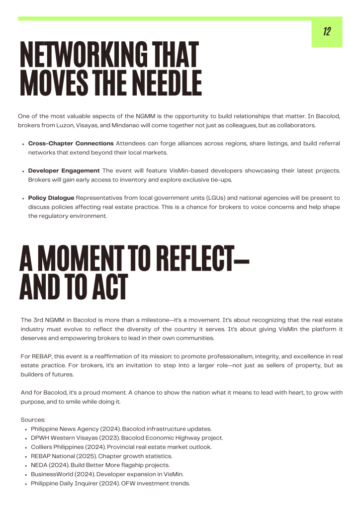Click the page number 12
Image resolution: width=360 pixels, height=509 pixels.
pos(327,32)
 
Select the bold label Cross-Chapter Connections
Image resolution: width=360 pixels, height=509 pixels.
pos(71,143)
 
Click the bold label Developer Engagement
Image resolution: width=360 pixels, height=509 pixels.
pos(64,170)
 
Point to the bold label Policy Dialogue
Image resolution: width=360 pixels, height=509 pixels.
pos(51,198)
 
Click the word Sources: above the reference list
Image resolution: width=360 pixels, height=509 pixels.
pos(33,420)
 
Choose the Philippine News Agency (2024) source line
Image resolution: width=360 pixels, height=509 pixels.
pos(121,428)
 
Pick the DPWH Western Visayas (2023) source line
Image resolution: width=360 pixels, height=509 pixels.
pos(127,438)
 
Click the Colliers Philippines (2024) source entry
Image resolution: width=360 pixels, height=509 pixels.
pos(121,447)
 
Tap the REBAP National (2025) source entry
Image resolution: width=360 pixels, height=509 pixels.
pos(101,456)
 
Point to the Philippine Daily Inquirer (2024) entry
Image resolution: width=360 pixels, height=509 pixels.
pos(110,483)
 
